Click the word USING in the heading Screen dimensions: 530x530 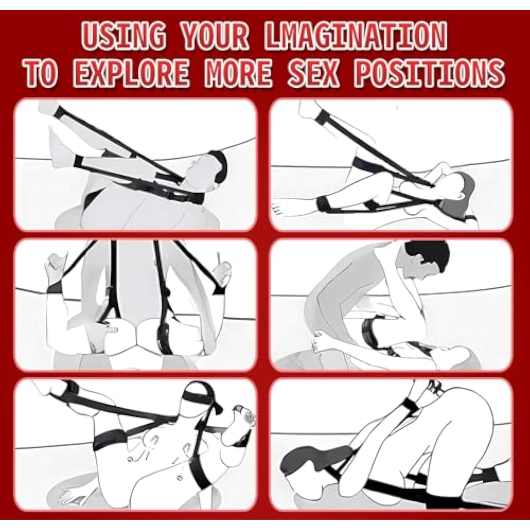coord(125,36)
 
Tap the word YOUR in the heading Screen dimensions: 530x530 coord(215,36)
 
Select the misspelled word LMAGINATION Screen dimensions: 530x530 coord(355,36)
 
